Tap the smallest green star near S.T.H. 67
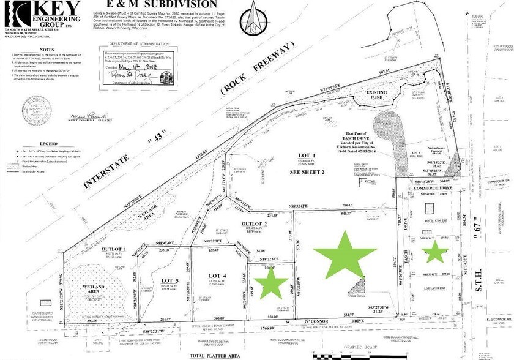pyautogui.click(x=436, y=252)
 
